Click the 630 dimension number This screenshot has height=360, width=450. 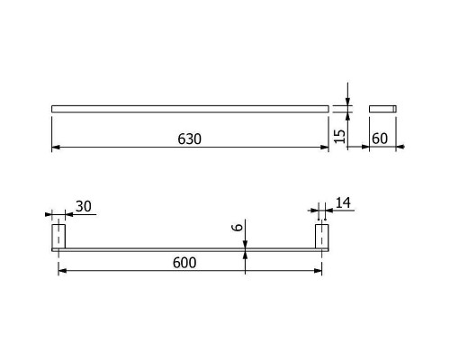tap(189, 139)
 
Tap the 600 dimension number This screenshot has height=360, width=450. tap(184, 263)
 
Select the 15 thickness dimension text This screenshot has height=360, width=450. tap(339, 136)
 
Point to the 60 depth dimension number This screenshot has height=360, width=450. tap(380, 139)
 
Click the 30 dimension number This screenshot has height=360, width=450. tap(84, 206)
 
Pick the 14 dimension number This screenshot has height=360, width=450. tap(343, 203)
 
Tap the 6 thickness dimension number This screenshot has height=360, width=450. tap(238, 227)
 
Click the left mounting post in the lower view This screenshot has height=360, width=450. tap(58, 237)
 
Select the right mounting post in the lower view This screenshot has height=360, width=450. tap(321, 237)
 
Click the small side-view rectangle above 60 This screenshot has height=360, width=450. tap(382, 109)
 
